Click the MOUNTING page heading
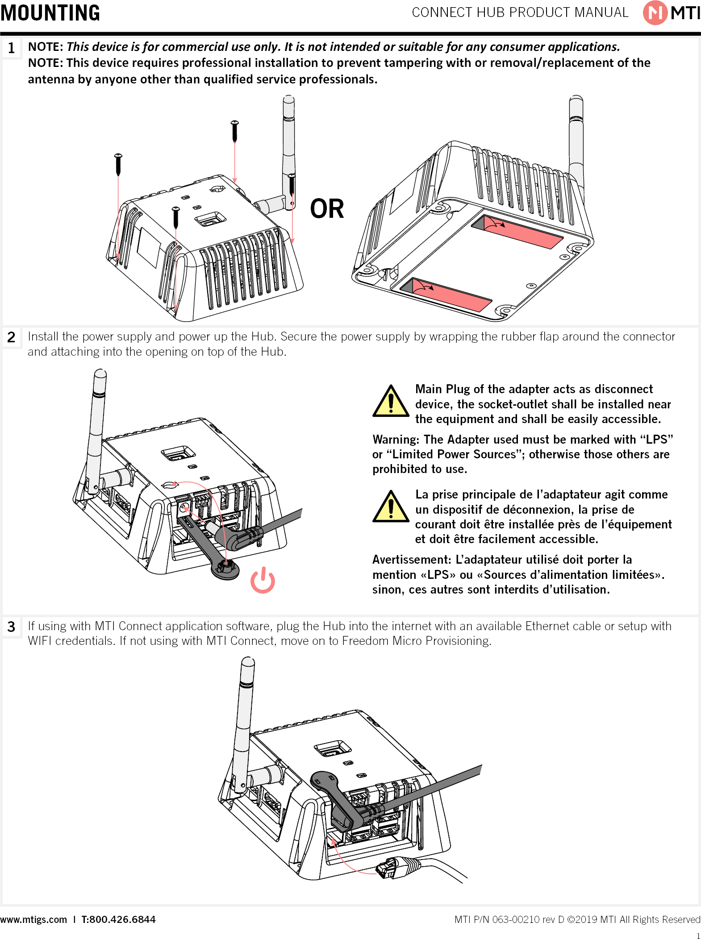tap(50, 12)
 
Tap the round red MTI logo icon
tap(655, 12)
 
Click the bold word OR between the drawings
tap(327, 209)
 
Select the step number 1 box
tap(12, 48)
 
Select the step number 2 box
tap(12, 337)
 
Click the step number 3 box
tap(12, 627)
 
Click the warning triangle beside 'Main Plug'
tap(391, 402)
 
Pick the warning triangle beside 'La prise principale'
tap(391, 507)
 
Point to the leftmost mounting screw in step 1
tap(118, 164)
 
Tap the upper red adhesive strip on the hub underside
tap(518, 231)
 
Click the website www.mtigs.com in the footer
tap(33, 919)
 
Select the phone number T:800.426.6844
tap(118, 919)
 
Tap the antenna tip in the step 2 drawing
tap(100, 374)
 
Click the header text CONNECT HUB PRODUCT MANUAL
tap(520, 12)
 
